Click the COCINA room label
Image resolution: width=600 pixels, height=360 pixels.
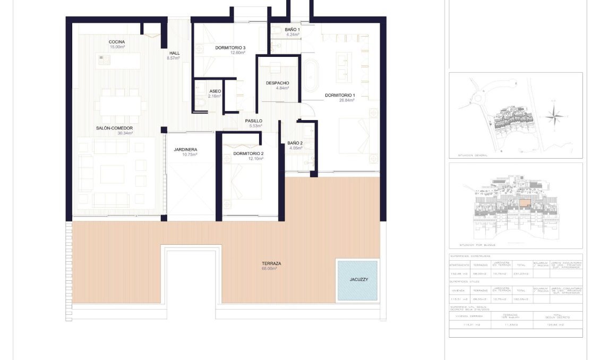[x=117, y=42]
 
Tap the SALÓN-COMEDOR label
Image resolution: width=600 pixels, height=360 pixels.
[x=114, y=128]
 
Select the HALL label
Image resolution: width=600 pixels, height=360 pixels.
[x=175, y=53]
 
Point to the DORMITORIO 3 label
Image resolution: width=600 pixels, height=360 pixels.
[x=230, y=48]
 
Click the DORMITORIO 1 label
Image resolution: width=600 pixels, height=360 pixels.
[x=340, y=95]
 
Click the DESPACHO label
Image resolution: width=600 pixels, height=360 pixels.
[x=278, y=83]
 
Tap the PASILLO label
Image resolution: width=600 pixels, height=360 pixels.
[x=254, y=121]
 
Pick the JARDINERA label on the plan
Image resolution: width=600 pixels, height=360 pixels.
[x=185, y=150]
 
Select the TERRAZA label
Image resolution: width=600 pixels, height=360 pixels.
[x=271, y=263]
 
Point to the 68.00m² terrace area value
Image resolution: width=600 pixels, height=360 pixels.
[x=270, y=269]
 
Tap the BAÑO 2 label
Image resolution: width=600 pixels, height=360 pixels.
[x=295, y=143]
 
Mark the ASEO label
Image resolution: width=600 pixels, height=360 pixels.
[x=215, y=91]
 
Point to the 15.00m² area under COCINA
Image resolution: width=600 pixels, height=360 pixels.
[x=117, y=47]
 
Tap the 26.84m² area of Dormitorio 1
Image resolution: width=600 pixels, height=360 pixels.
[x=339, y=100]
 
